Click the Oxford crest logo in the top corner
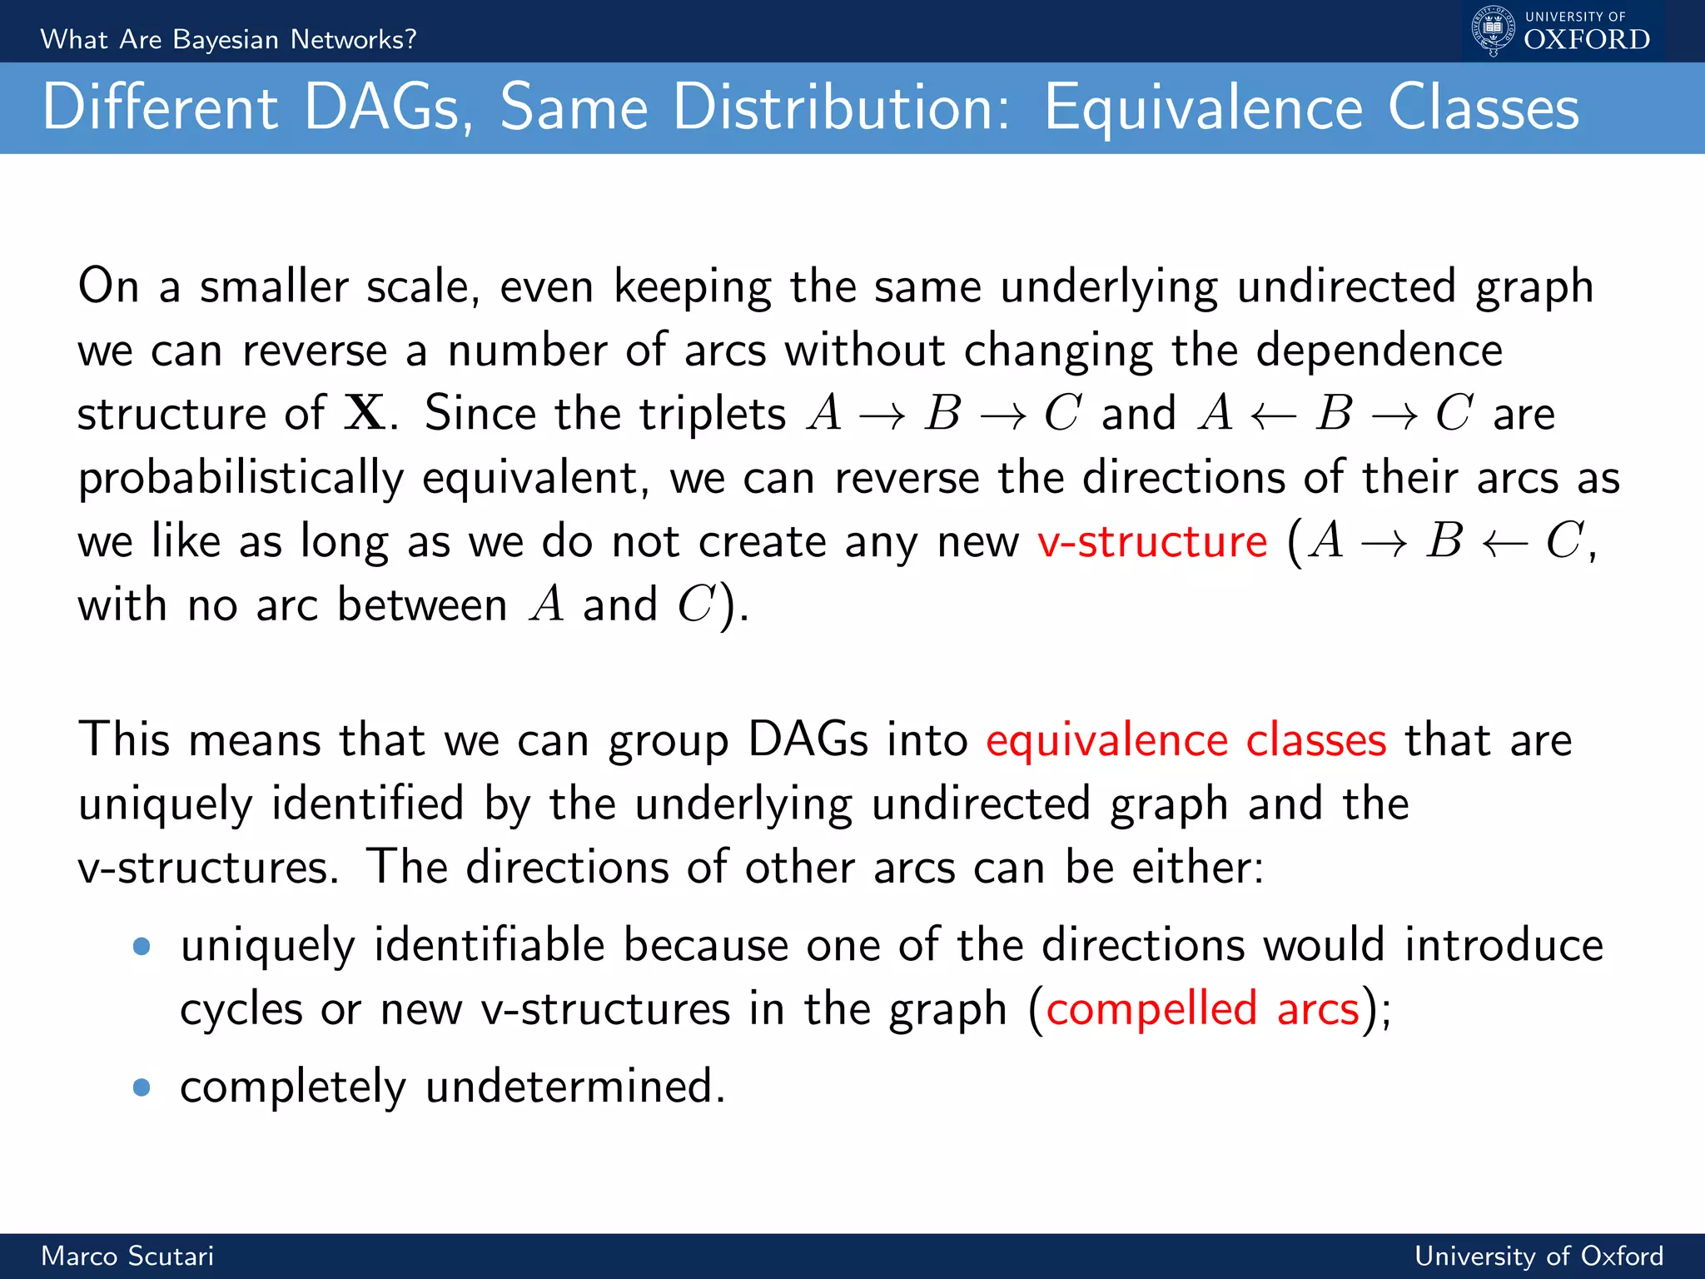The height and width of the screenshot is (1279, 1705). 1494,30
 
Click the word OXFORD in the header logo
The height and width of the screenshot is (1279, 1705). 1586,40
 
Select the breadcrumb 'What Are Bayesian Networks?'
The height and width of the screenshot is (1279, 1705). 228,39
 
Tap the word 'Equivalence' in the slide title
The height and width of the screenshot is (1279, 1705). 1203,108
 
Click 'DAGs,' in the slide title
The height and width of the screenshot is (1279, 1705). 388,108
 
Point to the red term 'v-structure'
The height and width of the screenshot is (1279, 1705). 1152,542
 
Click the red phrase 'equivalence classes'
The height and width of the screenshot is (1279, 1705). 1186,740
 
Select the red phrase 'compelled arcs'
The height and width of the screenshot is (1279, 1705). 1202,1009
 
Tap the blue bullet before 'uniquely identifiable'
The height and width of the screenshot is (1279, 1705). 142,947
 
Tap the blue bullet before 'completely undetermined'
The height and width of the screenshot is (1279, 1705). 142,1087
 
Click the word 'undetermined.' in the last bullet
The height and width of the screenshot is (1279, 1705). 575,1087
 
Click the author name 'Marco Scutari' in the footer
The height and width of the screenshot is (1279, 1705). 127,1256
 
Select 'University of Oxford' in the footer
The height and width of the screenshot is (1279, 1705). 1538,1256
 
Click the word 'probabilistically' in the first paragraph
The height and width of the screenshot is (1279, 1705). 241,479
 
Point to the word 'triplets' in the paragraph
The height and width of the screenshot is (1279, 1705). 670,414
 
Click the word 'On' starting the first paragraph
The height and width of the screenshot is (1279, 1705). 108,286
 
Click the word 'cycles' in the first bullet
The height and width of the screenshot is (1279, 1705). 241,1010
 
